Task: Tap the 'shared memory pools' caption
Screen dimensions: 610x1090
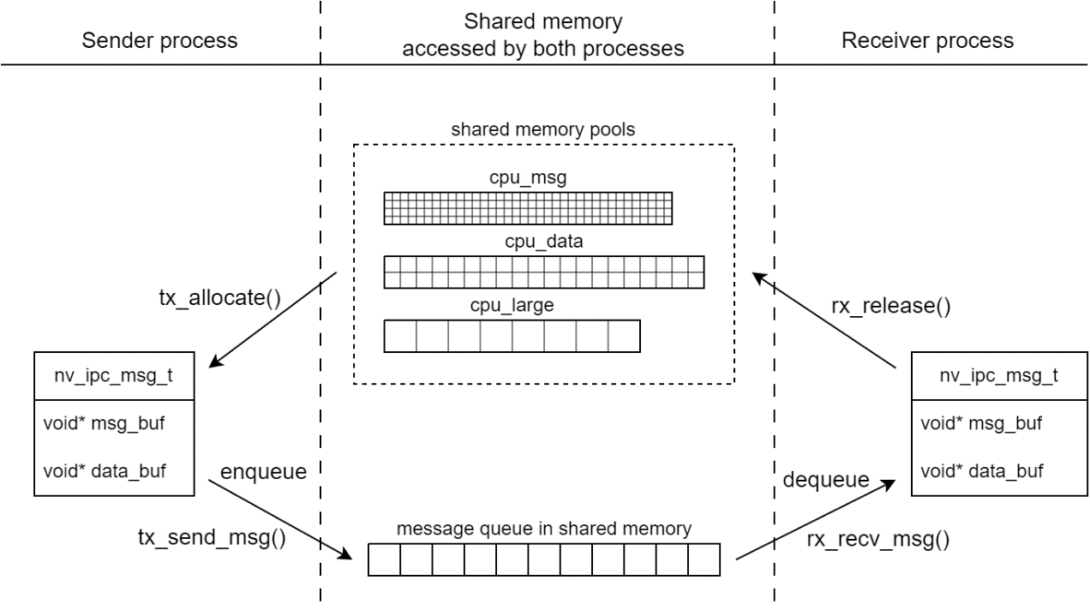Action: point(543,130)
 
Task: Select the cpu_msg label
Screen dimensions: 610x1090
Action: point(527,178)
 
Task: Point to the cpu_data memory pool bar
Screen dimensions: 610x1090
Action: point(543,272)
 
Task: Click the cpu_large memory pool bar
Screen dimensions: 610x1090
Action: point(512,336)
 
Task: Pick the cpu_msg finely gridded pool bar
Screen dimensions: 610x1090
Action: point(528,207)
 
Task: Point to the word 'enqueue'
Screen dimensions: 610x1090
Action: point(262,472)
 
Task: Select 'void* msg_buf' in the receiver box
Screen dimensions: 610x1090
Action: point(969,423)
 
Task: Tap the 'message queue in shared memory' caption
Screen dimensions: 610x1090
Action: point(543,529)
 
